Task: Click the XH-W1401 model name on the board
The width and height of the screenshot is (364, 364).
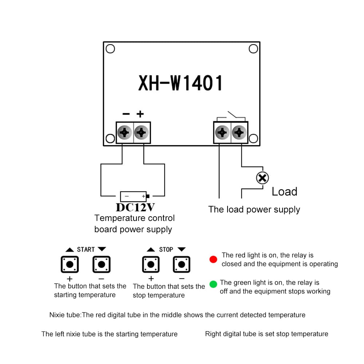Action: pos(180,83)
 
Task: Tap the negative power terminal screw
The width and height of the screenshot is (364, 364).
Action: pos(125,132)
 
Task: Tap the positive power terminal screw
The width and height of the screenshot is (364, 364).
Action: pos(142,132)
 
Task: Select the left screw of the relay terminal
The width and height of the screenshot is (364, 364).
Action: pos(222,132)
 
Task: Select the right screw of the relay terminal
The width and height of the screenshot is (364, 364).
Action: pos(239,132)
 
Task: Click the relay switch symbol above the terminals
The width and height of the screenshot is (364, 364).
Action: pos(231,116)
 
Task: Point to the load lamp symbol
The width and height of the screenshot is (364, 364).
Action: pos(262,178)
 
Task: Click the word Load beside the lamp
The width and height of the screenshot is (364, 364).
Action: pos(284,191)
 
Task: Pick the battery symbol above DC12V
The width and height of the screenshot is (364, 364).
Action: pos(134,197)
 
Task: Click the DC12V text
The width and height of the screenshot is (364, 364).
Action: pos(135,207)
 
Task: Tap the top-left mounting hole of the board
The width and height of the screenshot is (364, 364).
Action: pos(110,49)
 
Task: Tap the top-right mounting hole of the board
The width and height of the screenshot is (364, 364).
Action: pos(253,49)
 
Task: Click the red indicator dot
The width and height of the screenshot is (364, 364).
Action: pos(214,259)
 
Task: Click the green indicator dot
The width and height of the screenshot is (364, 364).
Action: pos(214,284)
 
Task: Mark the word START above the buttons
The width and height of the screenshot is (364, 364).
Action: pos(86,249)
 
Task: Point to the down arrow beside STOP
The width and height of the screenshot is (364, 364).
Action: pos(182,249)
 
